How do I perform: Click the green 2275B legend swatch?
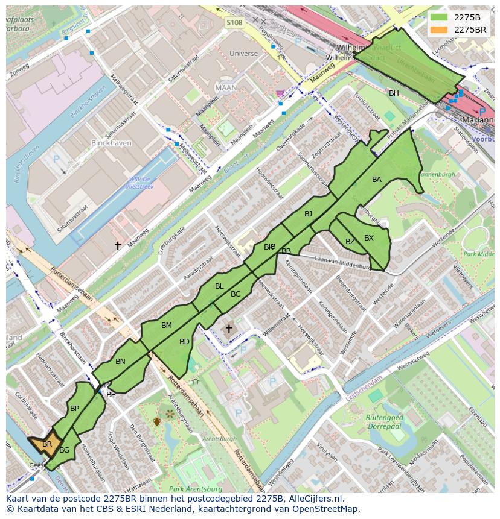tap(440, 17)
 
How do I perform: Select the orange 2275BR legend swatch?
tap(440, 30)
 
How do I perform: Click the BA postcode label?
tap(377, 180)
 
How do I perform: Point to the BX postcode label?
tap(369, 238)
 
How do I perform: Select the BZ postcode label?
tap(350, 242)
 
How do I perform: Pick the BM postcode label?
tap(167, 326)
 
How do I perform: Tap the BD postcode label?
tap(185, 342)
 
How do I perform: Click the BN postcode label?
tap(120, 362)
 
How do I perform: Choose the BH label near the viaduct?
tap(394, 93)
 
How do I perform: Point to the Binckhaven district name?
tap(106, 143)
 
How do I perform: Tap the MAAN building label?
tap(226, 87)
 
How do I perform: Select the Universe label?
tap(243, 54)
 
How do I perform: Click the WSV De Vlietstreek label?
tap(141, 183)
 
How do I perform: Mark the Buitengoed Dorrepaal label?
tap(384, 421)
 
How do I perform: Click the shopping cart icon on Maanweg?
tap(279, 93)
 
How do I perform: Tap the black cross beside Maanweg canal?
tap(118, 245)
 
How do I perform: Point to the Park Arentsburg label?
tap(193, 488)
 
